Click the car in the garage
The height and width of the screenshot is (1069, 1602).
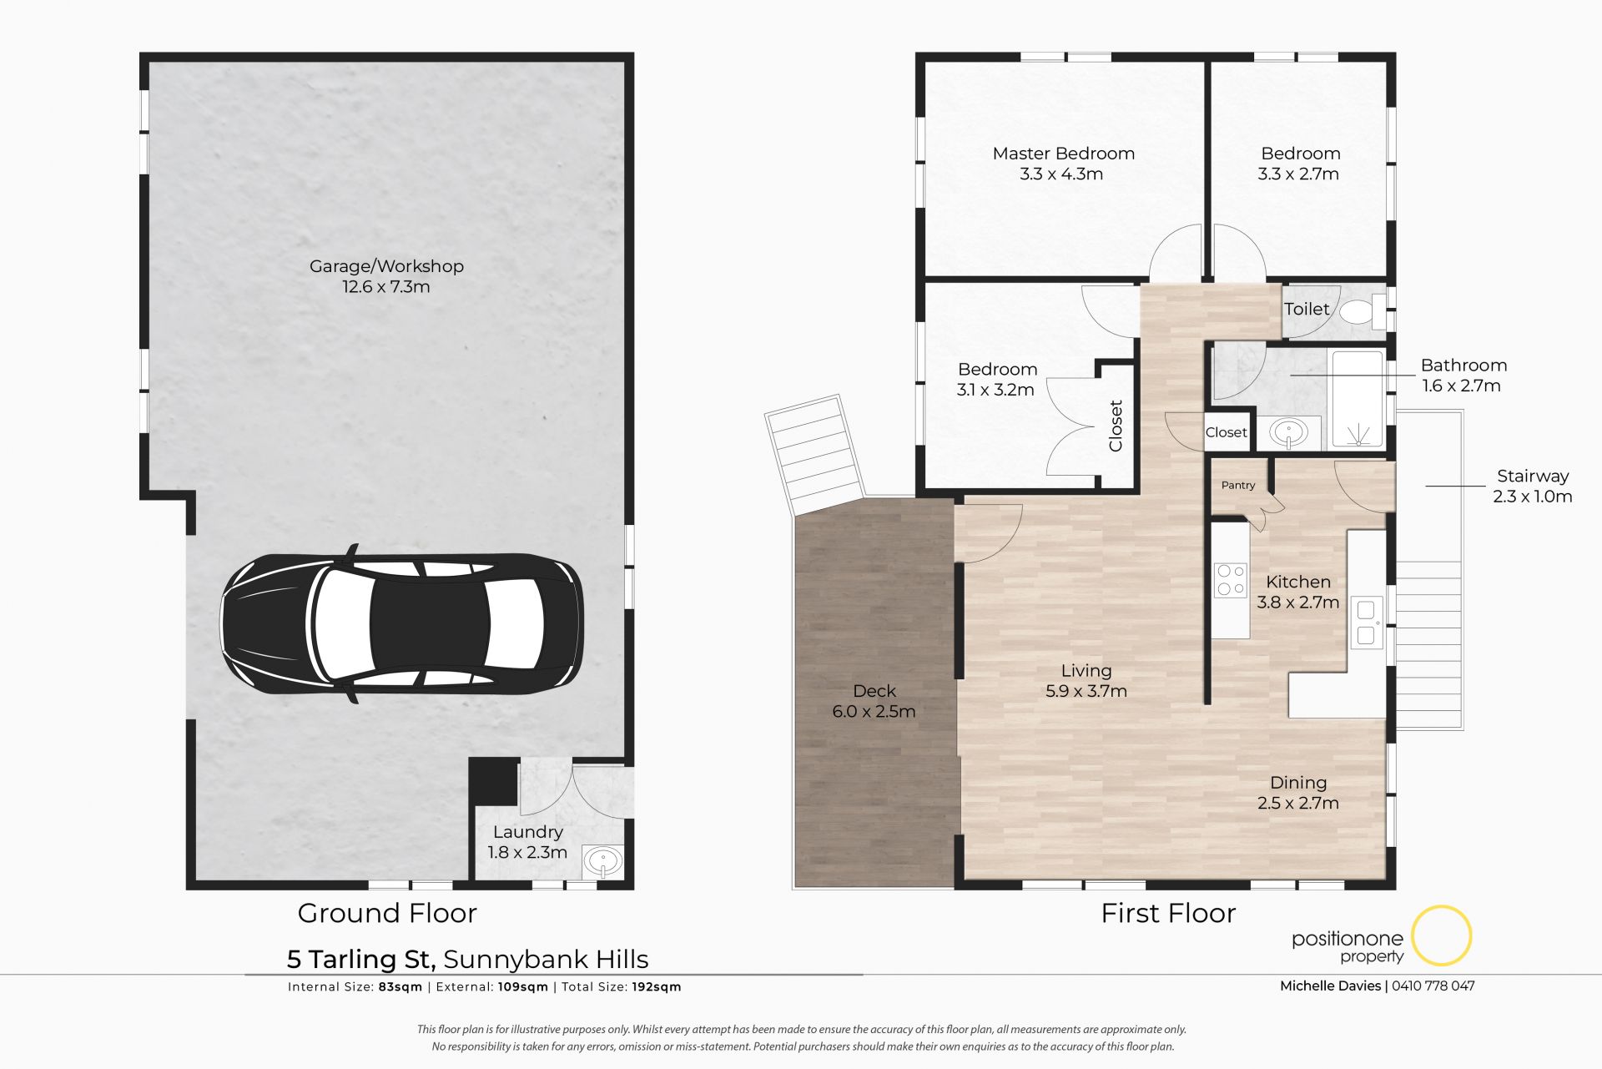pyautogui.click(x=401, y=623)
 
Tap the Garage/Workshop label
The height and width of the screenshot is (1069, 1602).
pyautogui.click(x=386, y=266)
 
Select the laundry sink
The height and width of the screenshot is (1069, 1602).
pyautogui.click(x=602, y=860)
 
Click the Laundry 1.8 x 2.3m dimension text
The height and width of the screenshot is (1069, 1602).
pyautogui.click(x=527, y=853)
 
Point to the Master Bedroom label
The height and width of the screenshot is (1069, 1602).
pyautogui.click(x=1063, y=154)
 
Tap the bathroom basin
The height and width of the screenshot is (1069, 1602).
pyautogui.click(x=1289, y=433)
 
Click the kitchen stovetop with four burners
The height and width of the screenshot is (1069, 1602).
pyautogui.click(x=1231, y=580)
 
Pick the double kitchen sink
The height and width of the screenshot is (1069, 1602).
pyautogui.click(x=1366, y=623)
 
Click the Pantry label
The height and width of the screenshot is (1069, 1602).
pyautogui.click(x=1238, y=485)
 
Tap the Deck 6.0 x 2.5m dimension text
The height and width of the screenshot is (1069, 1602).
pyautogui.click(x=874, y=712)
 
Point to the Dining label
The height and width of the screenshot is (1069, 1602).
pyautogui.click(x=1298, y=783)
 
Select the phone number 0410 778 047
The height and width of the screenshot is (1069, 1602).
pyautogui.click(x=1433, y=986)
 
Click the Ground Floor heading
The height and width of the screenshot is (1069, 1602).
pyautogui.click(x=387, y=913)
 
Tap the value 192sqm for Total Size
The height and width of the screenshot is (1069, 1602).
pyautogui.click(x=657, y=986)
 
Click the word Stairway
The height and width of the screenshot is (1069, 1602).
pyautogui.click(x=1533, y=477)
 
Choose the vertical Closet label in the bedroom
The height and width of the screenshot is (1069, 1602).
pyautogui.click(x=1116, y=426)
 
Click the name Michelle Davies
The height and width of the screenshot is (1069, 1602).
pyautogui.click(x=1331, y=986)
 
